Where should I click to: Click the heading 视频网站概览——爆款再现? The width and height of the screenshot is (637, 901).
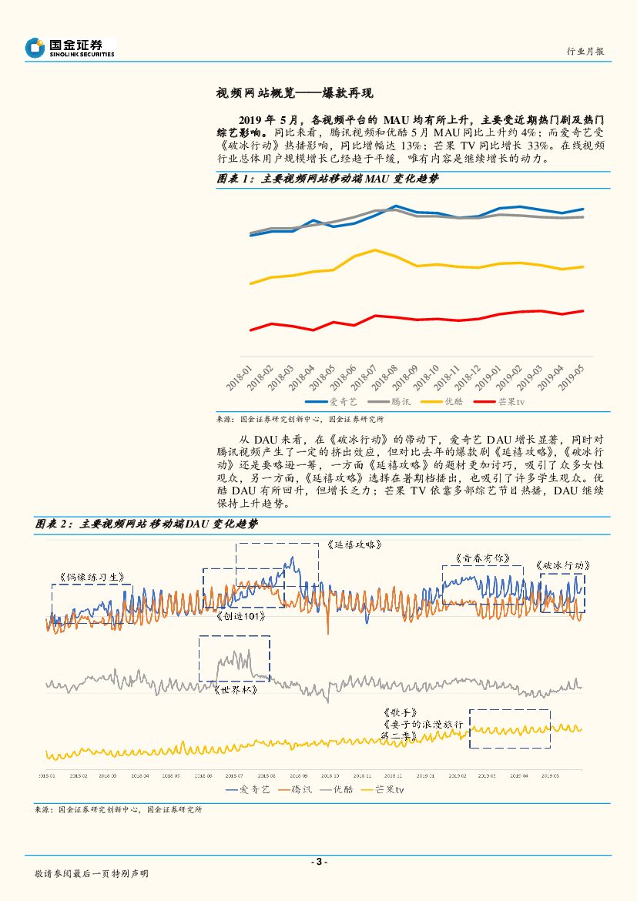click(294, 93)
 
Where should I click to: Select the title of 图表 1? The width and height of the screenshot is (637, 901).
click(327, 179)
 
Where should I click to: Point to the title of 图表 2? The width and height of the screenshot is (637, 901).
click(146, 524)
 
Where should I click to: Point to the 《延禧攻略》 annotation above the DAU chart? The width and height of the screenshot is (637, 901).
click(354, 544)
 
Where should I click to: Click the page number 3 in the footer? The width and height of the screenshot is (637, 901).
click(318, 862)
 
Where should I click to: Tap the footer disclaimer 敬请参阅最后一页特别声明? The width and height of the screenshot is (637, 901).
click(92, 874)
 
